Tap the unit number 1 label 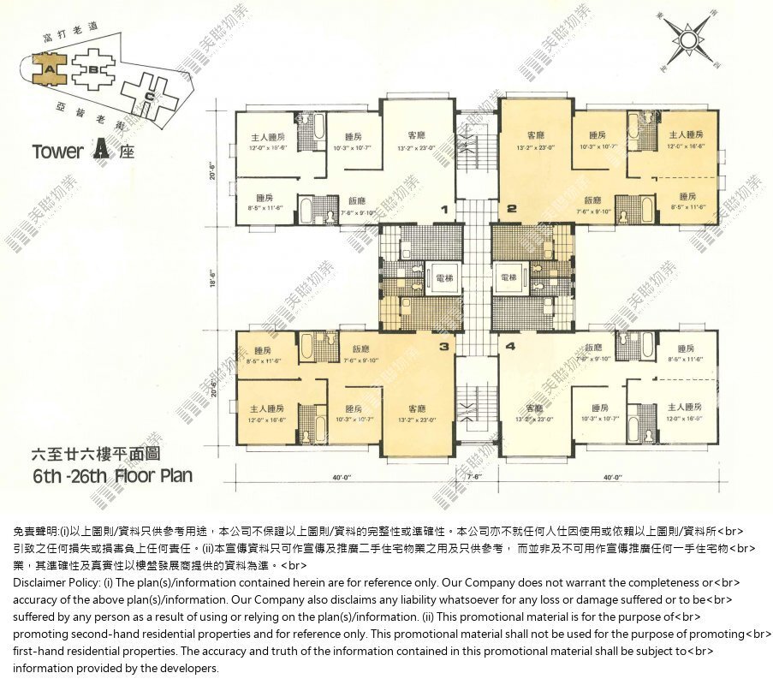pos(444,209)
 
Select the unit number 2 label pos(512,209)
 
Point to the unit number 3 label pos(443,347)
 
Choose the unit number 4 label pos(511,347)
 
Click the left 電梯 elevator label pos(444,277)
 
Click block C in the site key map pos(150,97)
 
